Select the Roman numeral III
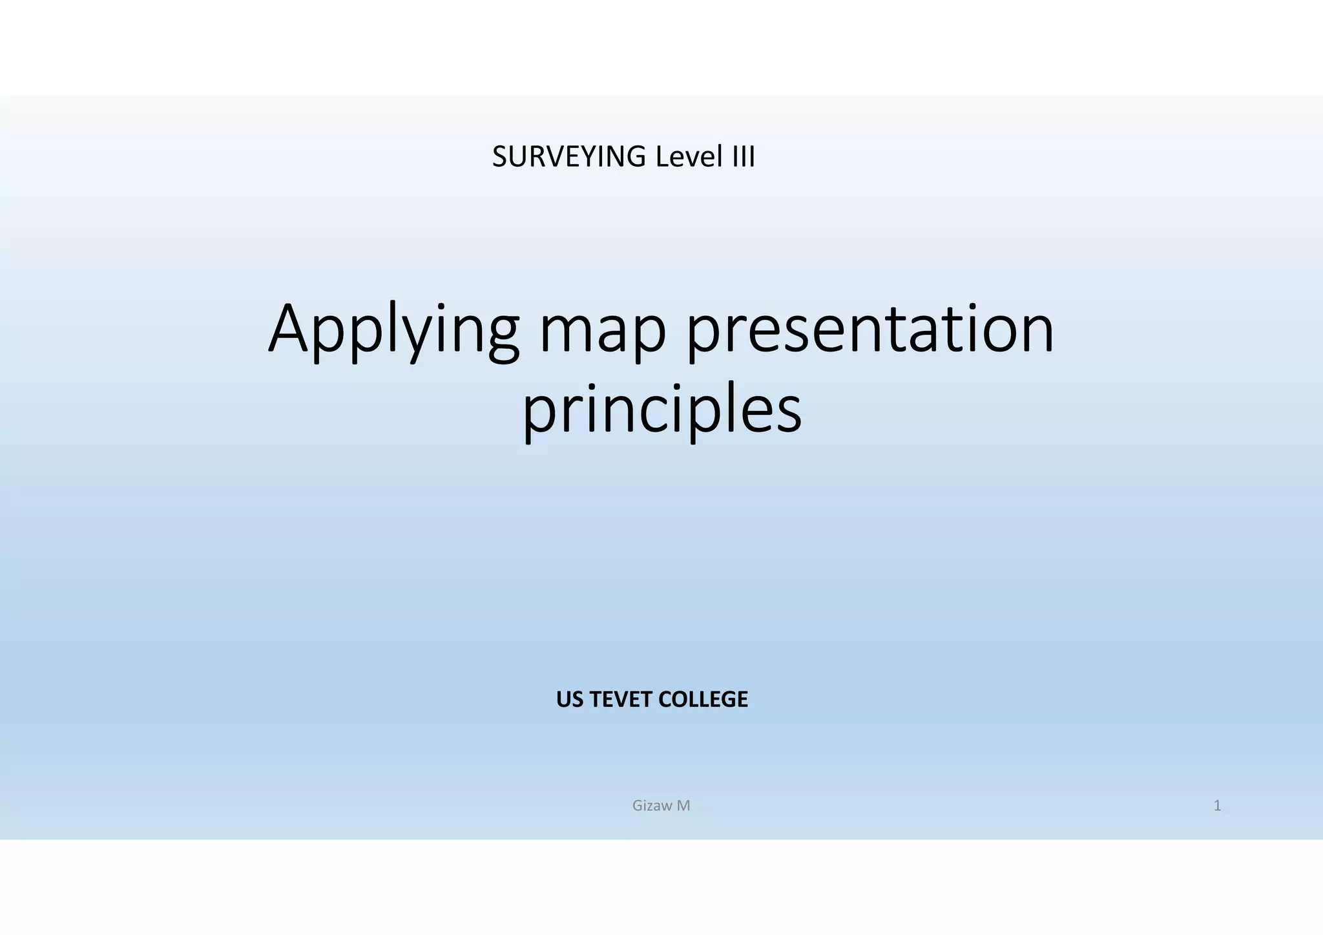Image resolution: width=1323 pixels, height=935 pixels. point(743,157)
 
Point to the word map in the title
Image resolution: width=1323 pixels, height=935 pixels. point(603,331)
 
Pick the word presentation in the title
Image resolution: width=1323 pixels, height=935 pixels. point(870,331)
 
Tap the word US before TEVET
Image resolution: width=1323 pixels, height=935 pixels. point(568,699)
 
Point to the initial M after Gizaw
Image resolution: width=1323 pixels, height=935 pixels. point(683,806)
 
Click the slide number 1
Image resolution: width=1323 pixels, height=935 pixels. point(1217,806)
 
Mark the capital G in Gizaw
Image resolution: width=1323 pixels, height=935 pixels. point(638,806)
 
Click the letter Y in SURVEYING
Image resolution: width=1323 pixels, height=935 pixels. point(587,157)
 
